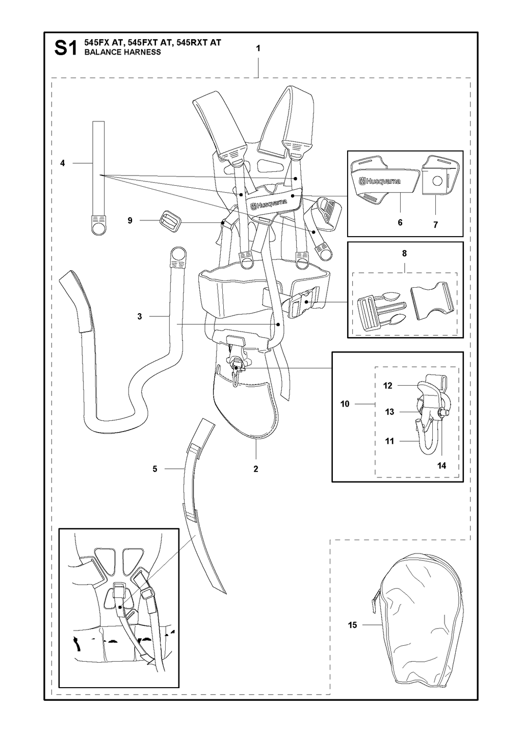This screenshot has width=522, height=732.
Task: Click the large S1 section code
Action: point(66,48)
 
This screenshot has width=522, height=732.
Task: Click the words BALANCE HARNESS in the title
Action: point(122,52)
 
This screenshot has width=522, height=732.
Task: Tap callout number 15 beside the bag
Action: point(352,625)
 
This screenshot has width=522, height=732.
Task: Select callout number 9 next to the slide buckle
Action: point(130,220)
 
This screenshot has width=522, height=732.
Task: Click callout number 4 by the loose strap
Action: point(62,163)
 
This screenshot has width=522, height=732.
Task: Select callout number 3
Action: point(140,316)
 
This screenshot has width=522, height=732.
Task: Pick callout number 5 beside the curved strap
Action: point(155,469)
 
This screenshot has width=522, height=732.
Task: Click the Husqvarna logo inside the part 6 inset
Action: point(380,181)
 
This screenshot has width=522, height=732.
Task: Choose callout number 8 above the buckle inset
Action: point(404,253)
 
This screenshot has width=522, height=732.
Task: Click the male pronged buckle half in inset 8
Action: point(382,309)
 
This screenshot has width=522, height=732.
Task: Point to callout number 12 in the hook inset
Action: point(387,386)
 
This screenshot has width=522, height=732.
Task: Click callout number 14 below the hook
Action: point(441,466)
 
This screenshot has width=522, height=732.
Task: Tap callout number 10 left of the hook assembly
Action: point(345,404)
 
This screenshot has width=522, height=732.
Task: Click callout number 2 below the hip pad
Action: point(256,469)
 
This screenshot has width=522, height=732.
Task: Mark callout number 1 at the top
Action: point(258,48)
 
